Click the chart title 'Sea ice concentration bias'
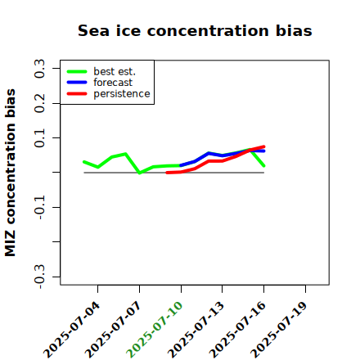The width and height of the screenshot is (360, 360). pos(195,30)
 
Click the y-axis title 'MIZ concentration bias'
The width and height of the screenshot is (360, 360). pos(10,173)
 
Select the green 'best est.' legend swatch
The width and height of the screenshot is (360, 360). pos(77,71)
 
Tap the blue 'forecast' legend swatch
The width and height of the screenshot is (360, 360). pos(77,83)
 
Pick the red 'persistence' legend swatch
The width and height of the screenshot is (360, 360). pos(77,94)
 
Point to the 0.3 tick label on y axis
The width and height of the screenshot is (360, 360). pos(39,69)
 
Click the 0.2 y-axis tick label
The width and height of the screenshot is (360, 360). pos(39,103)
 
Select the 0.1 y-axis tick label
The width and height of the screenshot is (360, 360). pos(39,138)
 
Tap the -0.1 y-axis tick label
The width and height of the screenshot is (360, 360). pos(39,208)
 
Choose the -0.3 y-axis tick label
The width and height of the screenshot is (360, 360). pos(39,277)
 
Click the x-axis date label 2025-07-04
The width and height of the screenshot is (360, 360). pos(72,330)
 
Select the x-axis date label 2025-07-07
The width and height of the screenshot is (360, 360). pos(113,330)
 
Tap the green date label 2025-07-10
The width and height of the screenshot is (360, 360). pos(155,330)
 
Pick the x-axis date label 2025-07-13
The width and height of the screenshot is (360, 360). pos(196,330)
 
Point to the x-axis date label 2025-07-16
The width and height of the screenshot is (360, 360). pos(237,330)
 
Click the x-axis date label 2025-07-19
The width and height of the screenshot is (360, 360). pos(279,330)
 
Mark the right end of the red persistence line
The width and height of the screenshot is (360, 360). pos(264,146)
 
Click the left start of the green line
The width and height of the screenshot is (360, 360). pos(84,162)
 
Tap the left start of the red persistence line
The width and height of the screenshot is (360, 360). pos(167,173)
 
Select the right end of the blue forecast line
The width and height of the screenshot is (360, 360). pos(264,151)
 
